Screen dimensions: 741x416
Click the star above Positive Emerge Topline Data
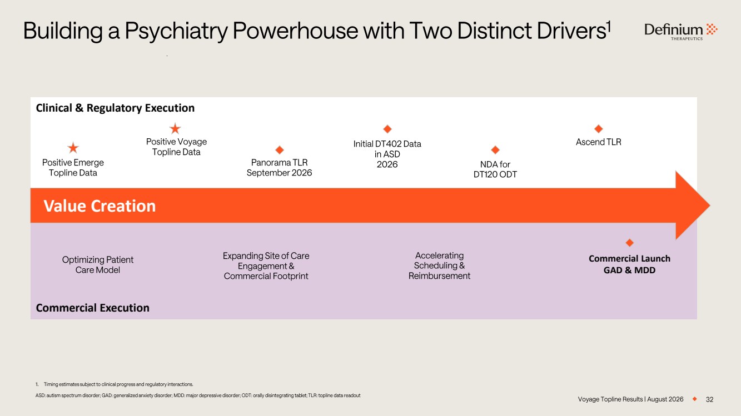pos(73,148)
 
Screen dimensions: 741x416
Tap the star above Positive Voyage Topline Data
pos(175,128)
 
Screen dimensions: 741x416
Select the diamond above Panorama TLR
pos(280,150)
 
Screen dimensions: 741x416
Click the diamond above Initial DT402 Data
pos(387,129)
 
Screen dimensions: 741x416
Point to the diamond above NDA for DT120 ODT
pos(495,150)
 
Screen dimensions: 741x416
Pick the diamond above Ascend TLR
pos(599,128)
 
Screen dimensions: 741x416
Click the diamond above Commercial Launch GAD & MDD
pos(629,243)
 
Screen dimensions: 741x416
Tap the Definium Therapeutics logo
pos(681,32)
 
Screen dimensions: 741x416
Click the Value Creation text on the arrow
pos(100,206)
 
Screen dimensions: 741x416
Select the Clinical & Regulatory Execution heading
pos(115,108)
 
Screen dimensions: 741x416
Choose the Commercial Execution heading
pos(93,308)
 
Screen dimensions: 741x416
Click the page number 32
pos(709,399)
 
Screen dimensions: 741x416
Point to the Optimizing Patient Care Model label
pos(98,265)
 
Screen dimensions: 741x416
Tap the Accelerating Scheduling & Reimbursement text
pos(439,265)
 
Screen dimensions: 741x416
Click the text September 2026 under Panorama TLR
pos(279,173)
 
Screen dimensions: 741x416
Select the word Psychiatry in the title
pos(176,31)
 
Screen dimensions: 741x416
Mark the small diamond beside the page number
pos(695,399)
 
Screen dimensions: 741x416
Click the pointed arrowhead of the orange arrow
pos(710,206)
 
